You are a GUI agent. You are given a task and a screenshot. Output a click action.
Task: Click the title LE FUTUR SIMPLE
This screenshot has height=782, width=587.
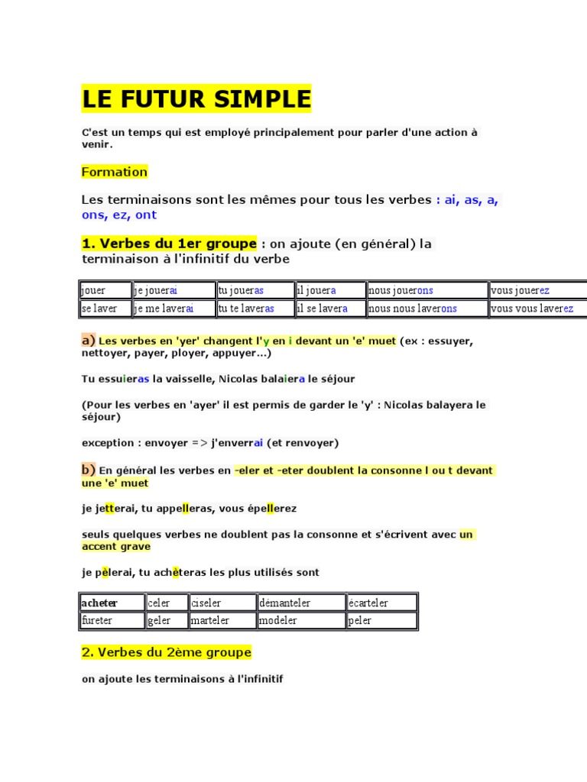tap(196, 99)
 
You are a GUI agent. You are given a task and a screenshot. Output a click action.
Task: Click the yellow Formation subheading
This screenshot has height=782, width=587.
tap(114, 172)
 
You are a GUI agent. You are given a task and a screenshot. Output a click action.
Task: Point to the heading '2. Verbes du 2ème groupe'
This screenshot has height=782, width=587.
tap(166, 653)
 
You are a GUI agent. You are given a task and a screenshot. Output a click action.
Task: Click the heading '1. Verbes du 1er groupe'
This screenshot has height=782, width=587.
tap(169, 244)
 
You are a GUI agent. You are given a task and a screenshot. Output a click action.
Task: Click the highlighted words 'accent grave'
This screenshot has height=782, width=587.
tap(116, 546)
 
